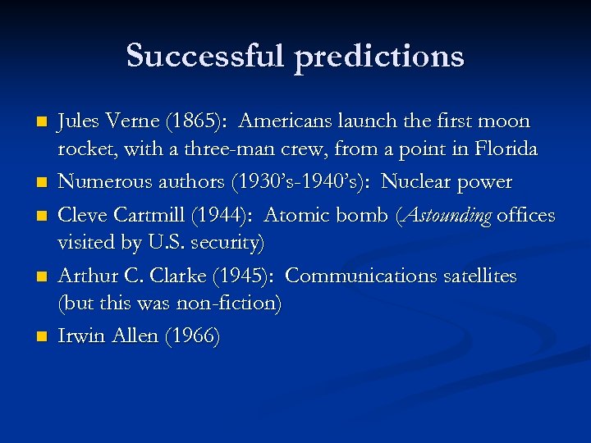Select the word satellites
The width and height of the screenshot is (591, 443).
click(x=475, y=276)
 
